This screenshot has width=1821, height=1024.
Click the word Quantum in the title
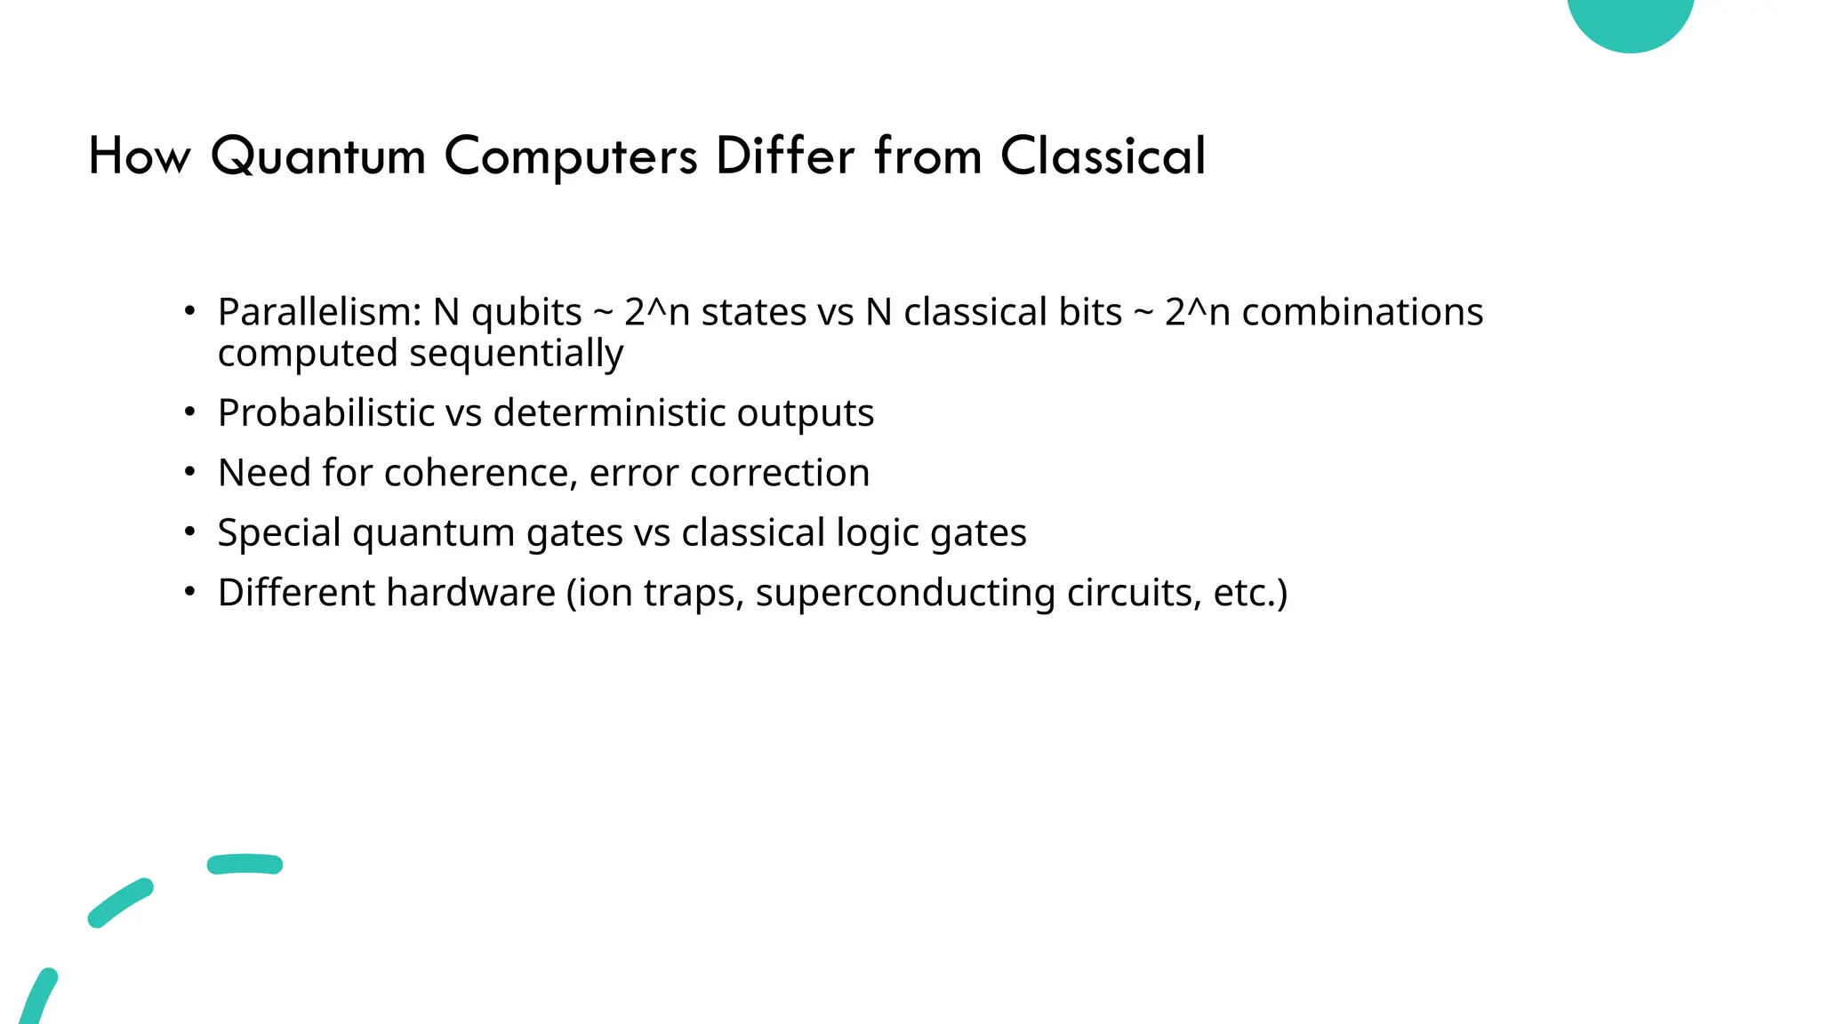318,157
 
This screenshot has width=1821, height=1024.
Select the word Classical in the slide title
1103,156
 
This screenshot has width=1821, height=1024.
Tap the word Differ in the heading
784,156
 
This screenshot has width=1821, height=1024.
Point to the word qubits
526,313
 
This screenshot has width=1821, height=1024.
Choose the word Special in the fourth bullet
279,533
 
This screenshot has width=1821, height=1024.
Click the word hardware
471,593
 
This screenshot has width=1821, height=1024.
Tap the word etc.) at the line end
1249,593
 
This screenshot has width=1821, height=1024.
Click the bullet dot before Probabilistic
189,412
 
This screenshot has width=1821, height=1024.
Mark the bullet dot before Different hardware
189,592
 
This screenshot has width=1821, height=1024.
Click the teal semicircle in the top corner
1630,20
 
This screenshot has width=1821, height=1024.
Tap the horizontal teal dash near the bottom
245,864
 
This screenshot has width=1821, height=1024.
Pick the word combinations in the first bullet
1362,313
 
